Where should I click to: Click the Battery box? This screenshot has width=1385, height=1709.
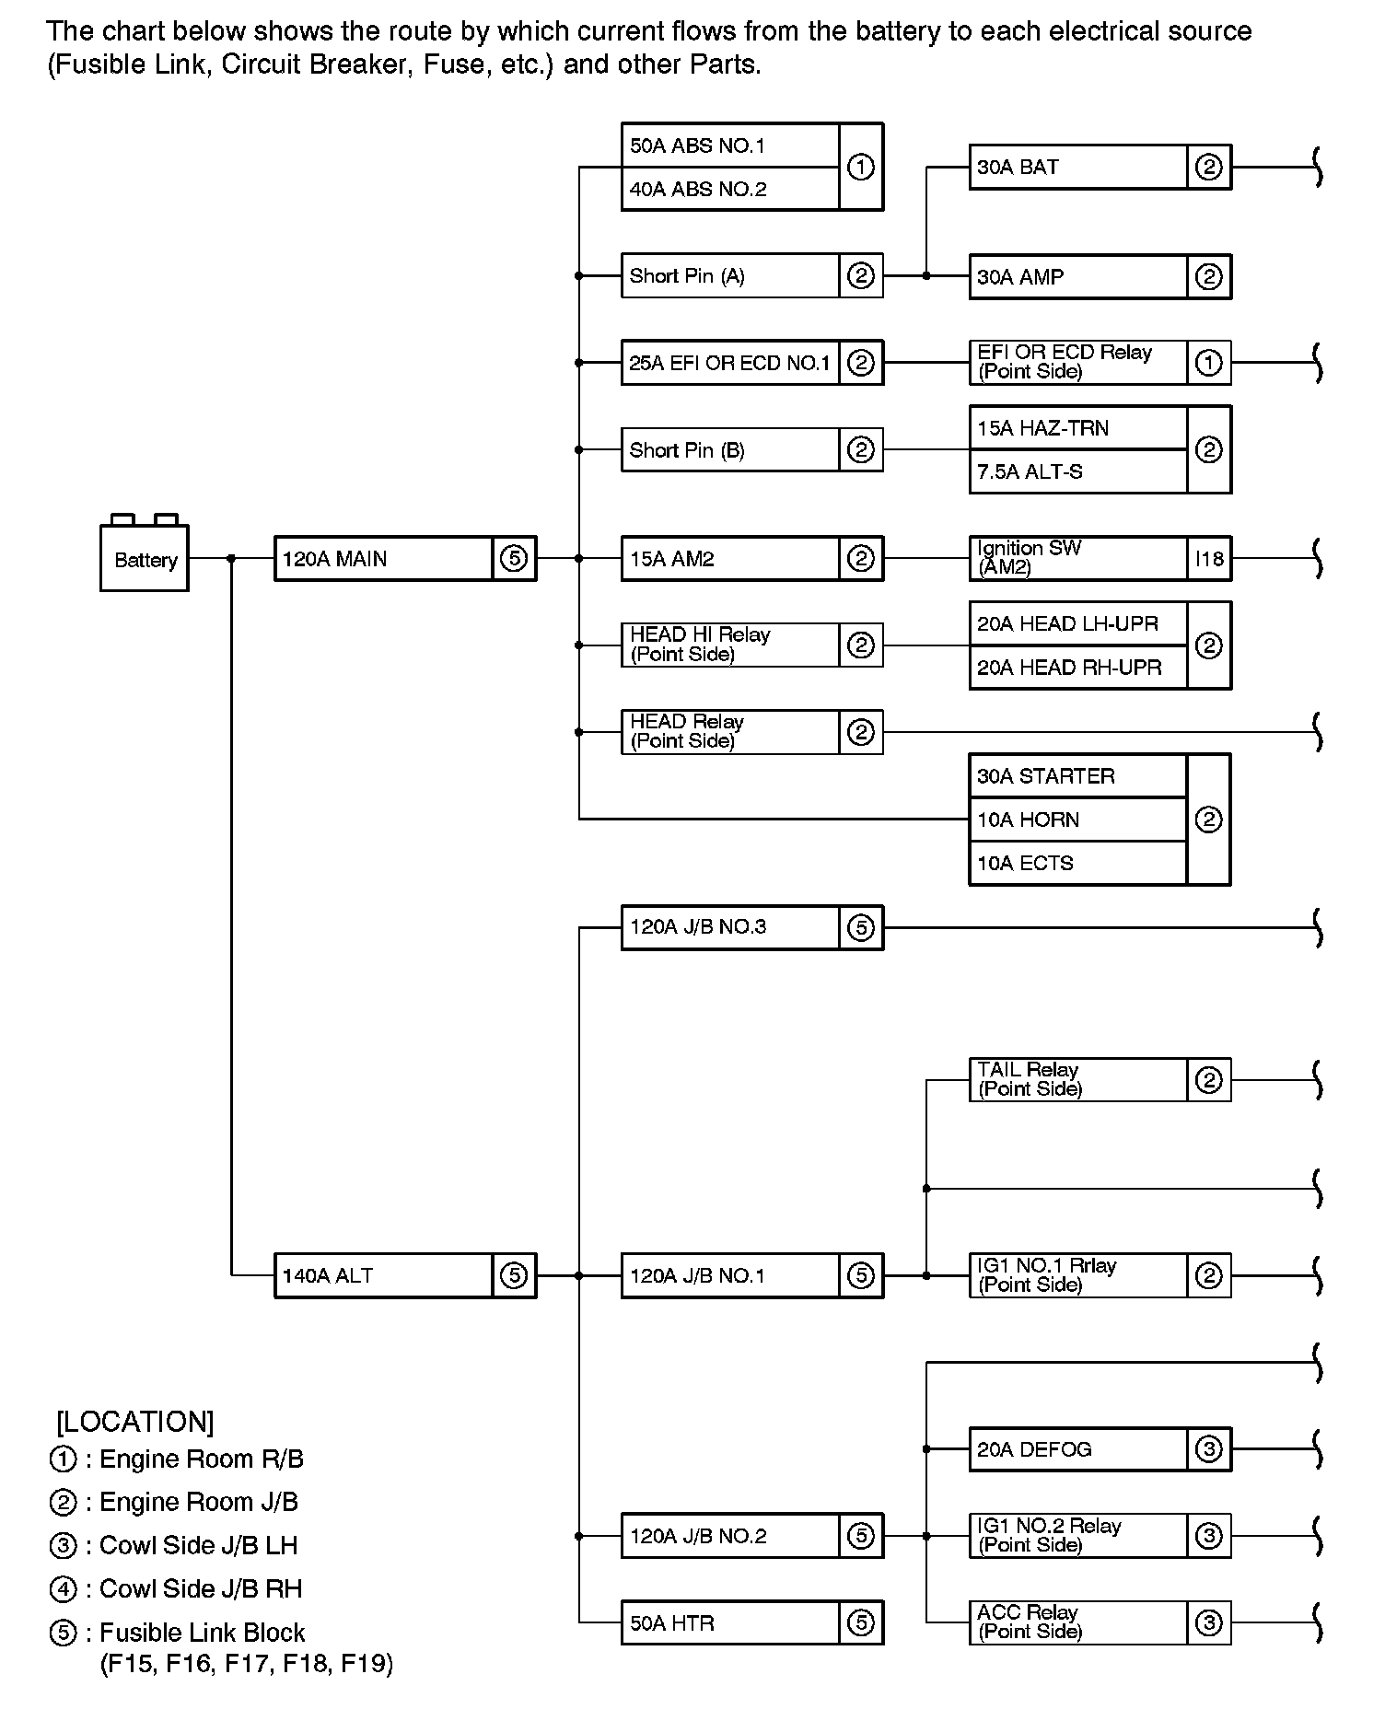point(145,558)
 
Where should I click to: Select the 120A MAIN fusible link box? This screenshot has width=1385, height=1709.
point(384,559)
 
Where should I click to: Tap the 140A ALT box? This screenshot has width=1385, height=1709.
point(384,1275)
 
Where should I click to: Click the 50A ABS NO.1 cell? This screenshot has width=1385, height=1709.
point(730,145)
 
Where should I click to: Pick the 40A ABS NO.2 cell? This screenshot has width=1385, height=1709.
point(730,190)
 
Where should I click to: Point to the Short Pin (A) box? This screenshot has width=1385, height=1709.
point(730,275)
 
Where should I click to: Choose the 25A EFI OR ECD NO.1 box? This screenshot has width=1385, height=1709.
point(730,363)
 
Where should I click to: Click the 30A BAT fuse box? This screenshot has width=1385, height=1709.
point(1078,168)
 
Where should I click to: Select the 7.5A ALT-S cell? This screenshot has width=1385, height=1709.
point(1078,472)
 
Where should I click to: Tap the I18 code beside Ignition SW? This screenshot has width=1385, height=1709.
point(1209,559)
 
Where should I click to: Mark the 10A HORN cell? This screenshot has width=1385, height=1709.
point(1078,820)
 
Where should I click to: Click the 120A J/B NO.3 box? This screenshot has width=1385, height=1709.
point(730,927)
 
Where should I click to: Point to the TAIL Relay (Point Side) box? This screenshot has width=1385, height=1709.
point(1078,1079)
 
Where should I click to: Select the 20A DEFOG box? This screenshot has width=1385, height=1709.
point(1078,1449)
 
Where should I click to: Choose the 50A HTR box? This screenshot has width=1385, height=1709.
point(730,1623)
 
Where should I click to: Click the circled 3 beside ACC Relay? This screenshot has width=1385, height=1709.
point(1209,1623)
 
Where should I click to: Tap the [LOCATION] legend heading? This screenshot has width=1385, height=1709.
point(135,1422)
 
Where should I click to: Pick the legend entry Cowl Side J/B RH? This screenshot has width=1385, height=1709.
point(200,1589)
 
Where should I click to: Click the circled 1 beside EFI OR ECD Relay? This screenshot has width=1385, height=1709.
point(1209,363)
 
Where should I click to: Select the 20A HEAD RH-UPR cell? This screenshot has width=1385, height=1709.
point(1078,668)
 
